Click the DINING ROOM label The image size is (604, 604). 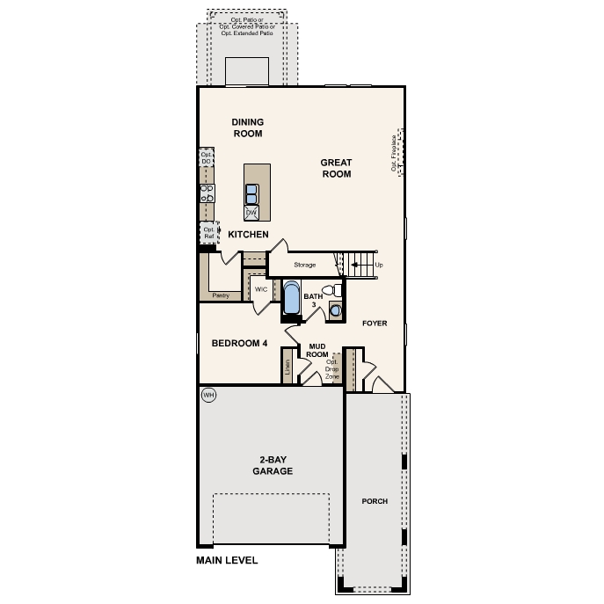pos(247,127)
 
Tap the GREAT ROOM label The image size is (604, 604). pos(335,168)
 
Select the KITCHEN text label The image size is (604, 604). pos(248,235)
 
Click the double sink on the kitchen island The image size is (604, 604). pos(251,193)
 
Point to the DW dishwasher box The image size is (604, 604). pos(251,213)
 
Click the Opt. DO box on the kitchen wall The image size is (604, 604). pos(206,158)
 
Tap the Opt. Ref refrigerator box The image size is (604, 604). pos(208,233)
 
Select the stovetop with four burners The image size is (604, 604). pos(207,193)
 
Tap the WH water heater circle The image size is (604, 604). pos(208,395)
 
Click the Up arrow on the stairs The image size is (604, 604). pos(378,265)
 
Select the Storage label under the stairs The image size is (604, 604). pos(304,265)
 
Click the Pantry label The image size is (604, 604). pos(220,295)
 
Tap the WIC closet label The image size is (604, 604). pos(260,288)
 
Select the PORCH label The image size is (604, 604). pos(375,501)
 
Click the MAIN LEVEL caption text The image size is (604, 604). pos(227,560)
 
